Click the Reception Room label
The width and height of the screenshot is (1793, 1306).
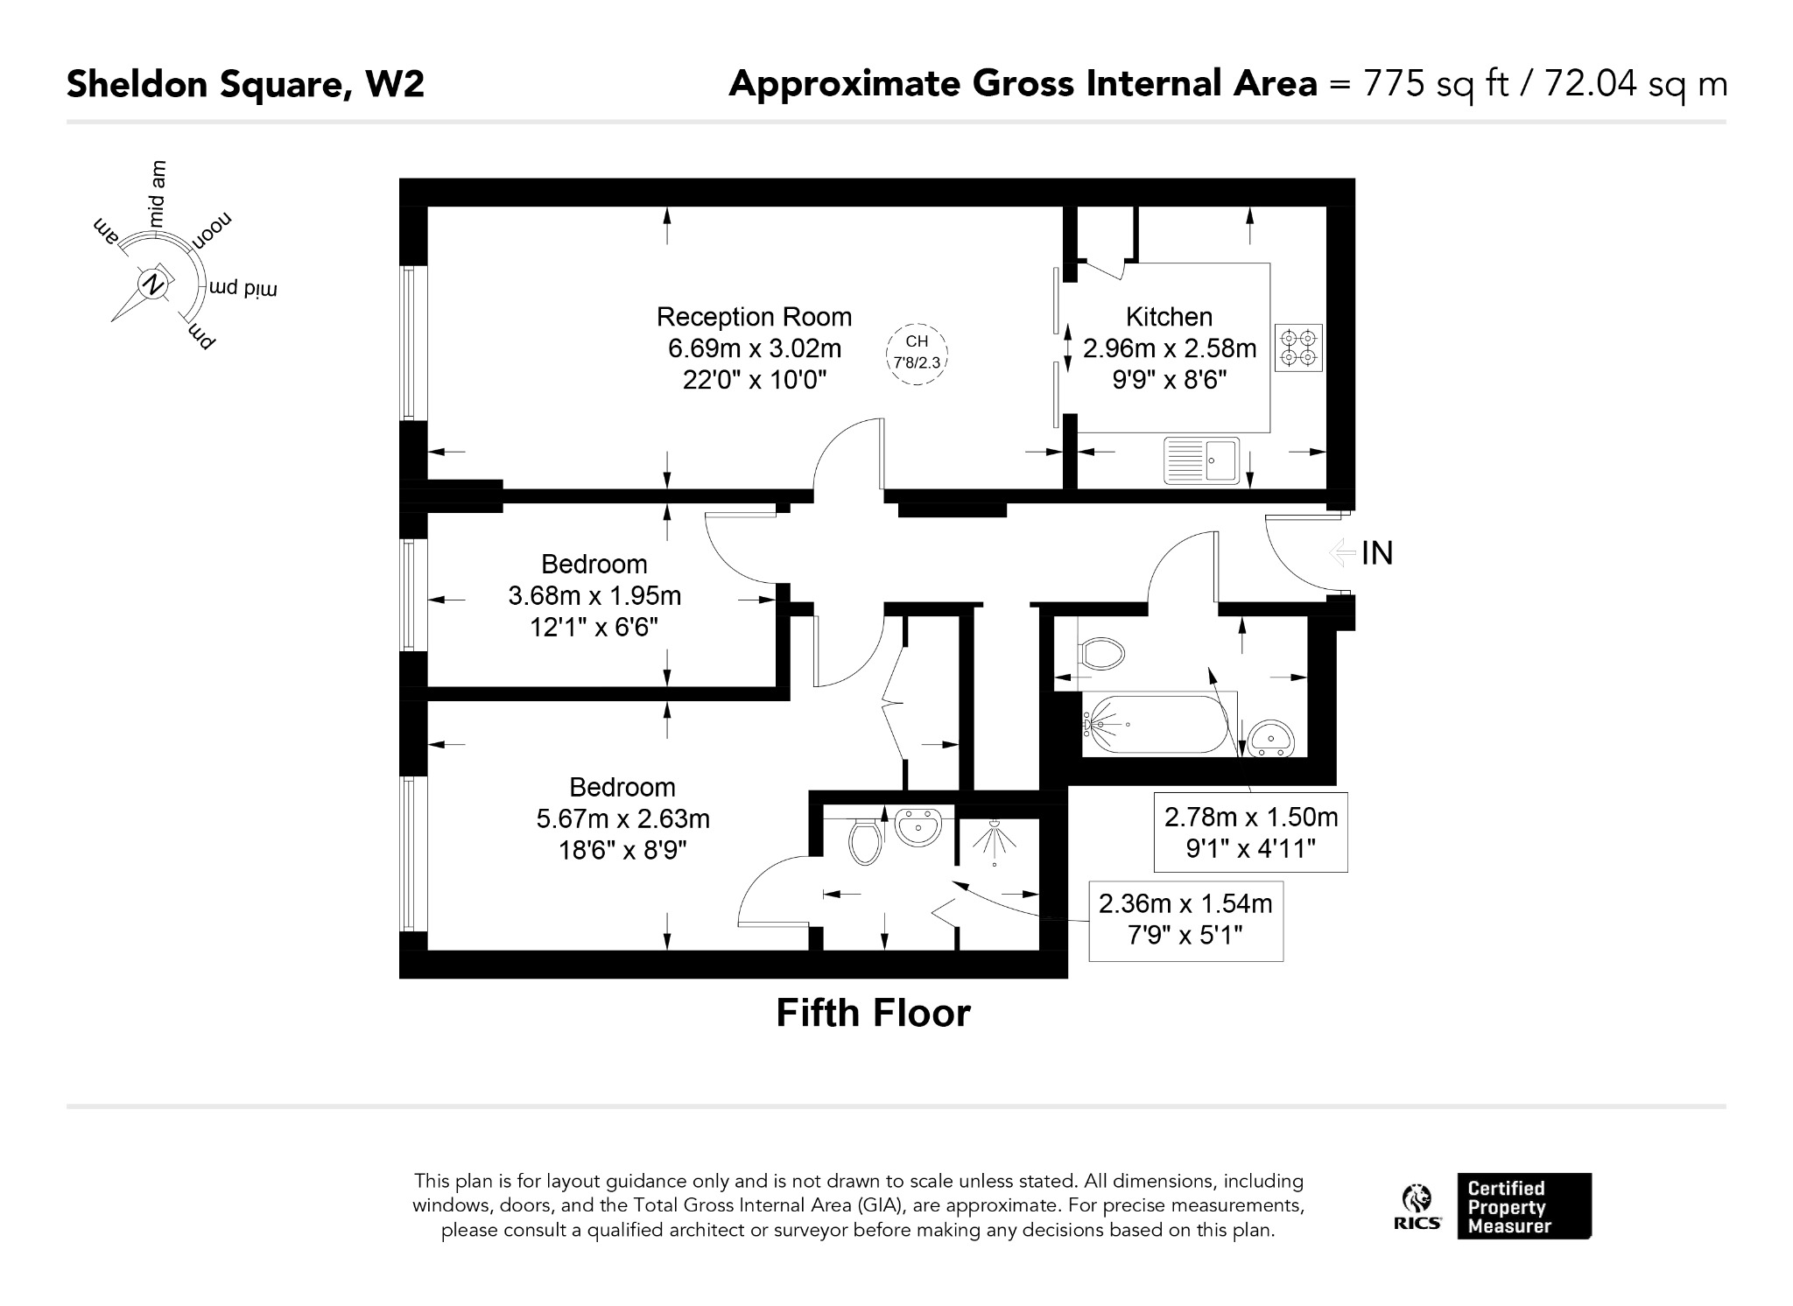[754, 317]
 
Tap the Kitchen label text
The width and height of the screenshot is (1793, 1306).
[1169, 317]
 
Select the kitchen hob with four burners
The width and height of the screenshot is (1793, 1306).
[1298, 348]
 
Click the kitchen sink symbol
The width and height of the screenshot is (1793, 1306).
[1201, 460]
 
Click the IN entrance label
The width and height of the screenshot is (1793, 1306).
[1377, 553]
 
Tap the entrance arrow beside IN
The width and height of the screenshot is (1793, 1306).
[1342, 552]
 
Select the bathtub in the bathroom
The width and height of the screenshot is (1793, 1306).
[1159, 724]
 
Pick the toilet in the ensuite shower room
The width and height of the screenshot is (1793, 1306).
[865, 840]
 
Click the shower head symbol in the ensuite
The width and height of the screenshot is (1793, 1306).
[995, 841]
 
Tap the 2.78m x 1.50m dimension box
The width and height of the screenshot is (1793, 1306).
[1250, 832]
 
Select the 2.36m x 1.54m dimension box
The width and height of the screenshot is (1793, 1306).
[1185, 920]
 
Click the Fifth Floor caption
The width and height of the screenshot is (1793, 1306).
[873, 1014]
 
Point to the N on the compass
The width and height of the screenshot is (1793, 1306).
[153, 284]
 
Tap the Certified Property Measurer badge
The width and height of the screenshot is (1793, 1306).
[1524, 1206]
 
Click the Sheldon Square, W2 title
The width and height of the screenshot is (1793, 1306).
[245, 84]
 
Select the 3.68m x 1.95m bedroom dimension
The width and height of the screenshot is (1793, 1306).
[594, 596]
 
